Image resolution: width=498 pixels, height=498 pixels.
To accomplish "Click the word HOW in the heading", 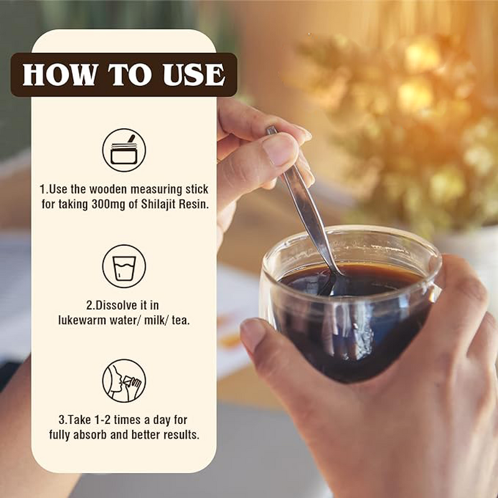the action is coord(60,75).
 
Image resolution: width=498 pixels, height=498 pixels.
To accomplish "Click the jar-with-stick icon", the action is coord(124,150).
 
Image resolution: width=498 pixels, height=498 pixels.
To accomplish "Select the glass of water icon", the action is coord(124,266).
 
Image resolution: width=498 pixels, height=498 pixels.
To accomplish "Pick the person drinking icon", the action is coord(124,381).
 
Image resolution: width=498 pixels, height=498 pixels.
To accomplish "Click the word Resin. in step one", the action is coord(194,204).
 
